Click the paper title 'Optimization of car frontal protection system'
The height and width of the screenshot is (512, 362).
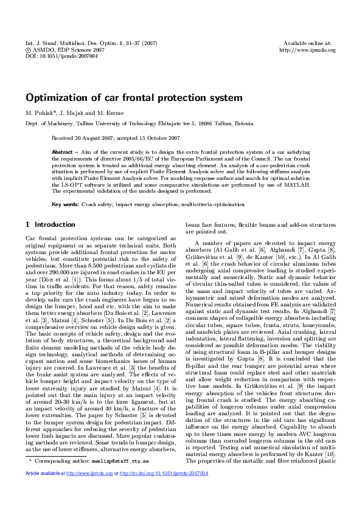click(x=133, y=97)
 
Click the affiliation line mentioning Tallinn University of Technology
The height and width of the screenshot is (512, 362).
click(x=139, y=123)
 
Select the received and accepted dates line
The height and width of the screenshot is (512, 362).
click(x=116, y=138)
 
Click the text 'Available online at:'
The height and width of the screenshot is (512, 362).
click(x=307, y=43)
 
